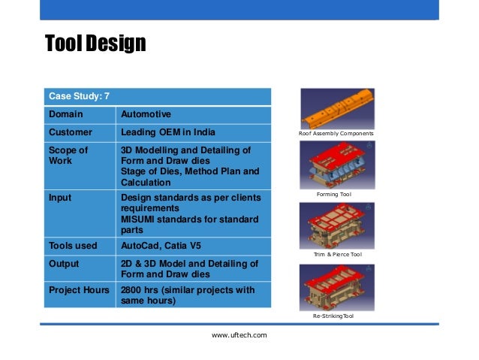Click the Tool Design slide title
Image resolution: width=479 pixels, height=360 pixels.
95,44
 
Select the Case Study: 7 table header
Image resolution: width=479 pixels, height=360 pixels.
79,97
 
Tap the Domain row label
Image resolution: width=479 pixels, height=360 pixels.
66,115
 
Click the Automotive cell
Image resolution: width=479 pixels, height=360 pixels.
146,115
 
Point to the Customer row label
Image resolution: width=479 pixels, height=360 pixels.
70,132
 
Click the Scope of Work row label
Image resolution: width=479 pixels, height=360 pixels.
68,156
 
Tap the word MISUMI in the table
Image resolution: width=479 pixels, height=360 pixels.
139,219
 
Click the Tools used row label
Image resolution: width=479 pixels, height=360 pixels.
72,246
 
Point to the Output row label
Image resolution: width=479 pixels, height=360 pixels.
64,264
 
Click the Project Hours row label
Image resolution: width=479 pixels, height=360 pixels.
79,290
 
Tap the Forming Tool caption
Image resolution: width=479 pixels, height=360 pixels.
336,195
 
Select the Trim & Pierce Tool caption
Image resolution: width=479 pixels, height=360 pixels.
337,255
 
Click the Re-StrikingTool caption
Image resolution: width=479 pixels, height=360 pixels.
337,316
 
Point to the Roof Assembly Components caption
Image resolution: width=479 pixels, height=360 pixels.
336,134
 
